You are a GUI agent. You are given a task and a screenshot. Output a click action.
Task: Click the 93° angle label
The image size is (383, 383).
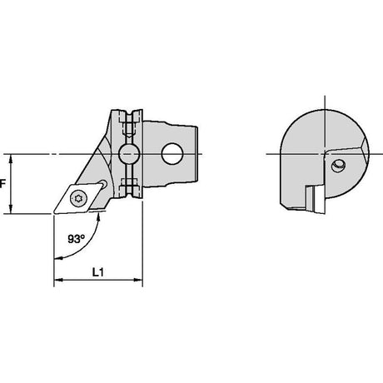tap(76, 239)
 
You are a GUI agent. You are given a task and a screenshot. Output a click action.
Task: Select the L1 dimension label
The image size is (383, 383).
tap(98, 272)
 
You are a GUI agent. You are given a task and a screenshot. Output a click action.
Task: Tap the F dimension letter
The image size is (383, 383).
tap(2, 184)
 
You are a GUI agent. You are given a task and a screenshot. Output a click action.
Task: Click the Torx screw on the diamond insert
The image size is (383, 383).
tap(77, 198)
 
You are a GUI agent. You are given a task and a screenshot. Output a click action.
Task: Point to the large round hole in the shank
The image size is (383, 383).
tap(172, 153)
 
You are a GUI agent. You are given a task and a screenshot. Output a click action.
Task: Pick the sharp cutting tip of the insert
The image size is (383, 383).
tap(54, 213)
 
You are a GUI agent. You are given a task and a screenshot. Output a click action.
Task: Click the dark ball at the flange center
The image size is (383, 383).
tap(129, 153)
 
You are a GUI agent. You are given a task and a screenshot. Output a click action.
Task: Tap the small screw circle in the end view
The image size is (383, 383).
tap(338, 167)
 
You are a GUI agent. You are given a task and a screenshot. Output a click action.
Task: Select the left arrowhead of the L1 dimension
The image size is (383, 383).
tap(57, 280)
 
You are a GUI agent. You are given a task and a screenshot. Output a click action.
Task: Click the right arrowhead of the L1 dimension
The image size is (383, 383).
tap(138, 280)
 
